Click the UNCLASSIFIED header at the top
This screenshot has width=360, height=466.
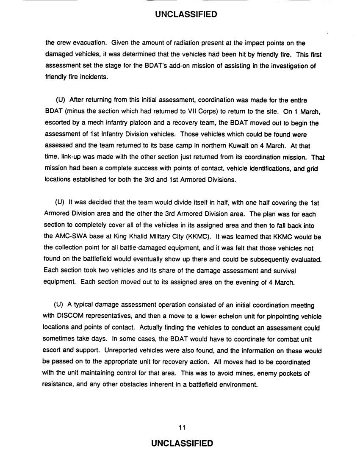pyautogui.click(x=180, y=15)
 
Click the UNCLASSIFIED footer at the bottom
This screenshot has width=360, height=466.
pyautogui.click(x=180, y=444)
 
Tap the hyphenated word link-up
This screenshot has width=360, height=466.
pyautogui.click(x=69, y=158)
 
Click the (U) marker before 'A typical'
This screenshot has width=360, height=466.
pyautogui.click(x=59, y=305)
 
